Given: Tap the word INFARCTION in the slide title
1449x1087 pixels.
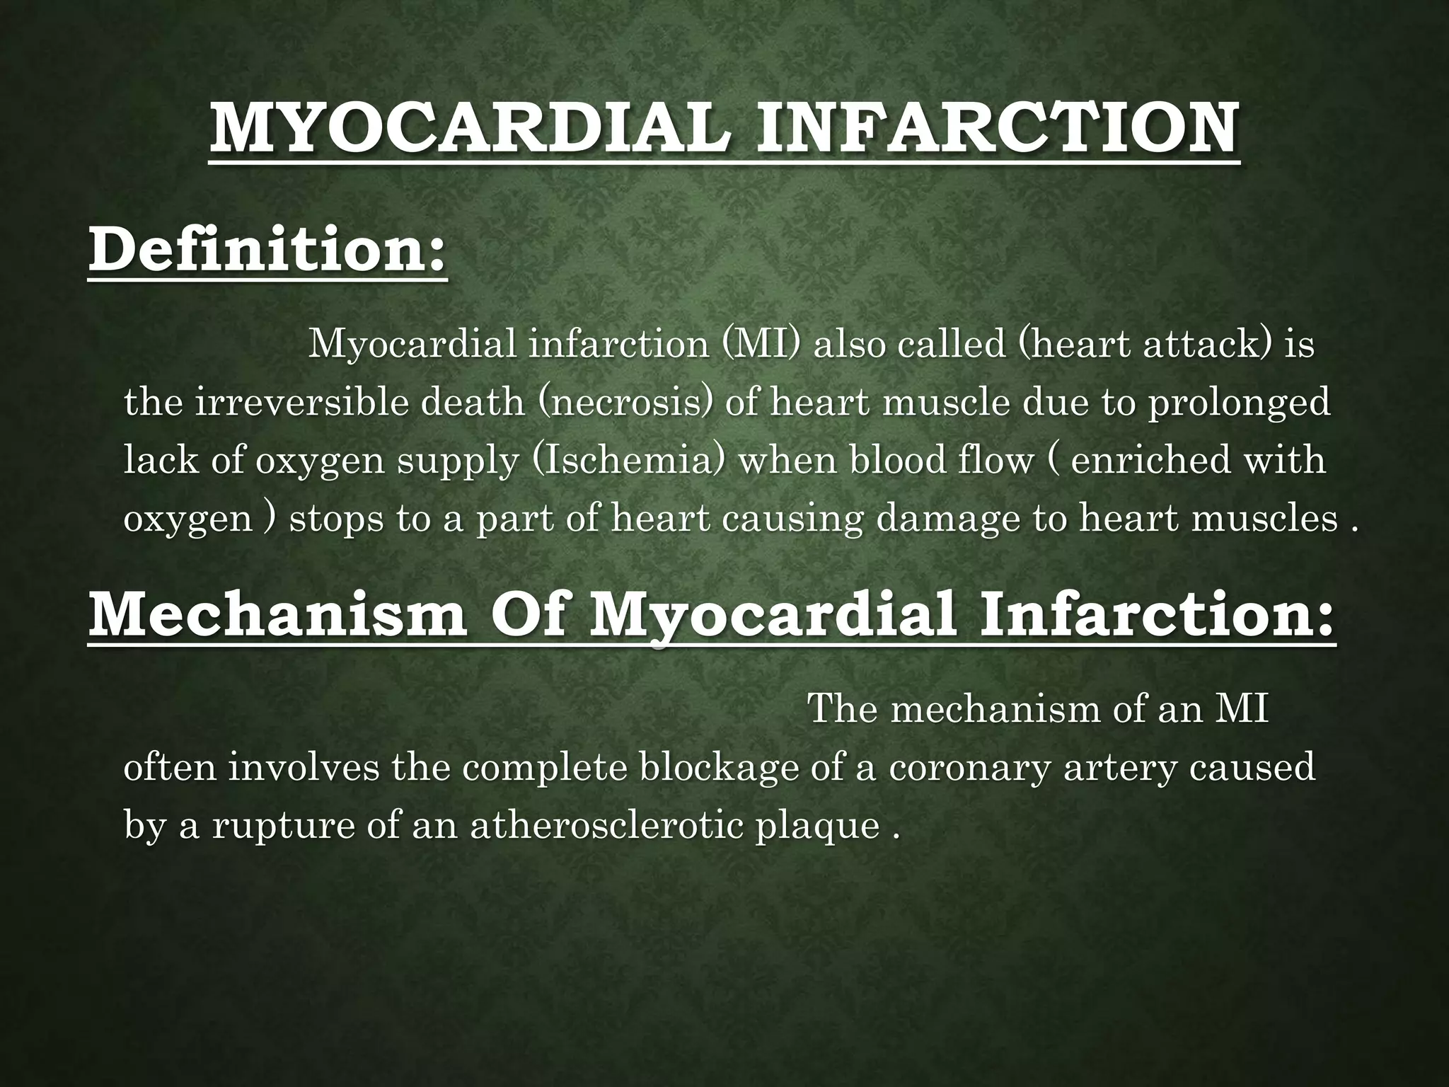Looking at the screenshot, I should (x=997, y=128).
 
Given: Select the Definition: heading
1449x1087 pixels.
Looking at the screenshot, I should (x=267, y=251).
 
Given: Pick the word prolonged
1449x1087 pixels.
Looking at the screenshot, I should (x=1237, y=403).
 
